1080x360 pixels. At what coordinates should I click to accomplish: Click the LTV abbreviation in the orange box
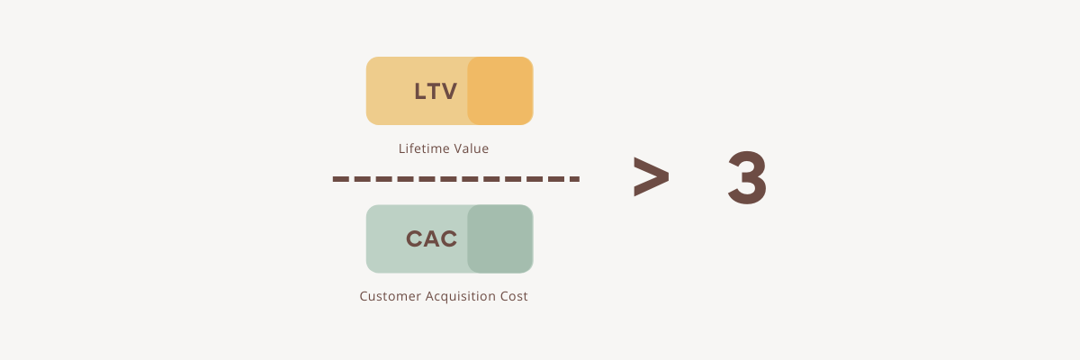tap(436, 91)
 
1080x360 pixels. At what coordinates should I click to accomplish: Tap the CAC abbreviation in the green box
tap(431, 238)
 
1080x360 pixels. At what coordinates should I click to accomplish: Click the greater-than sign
tap(650, 177)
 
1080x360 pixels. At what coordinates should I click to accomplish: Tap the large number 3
tap(747, 179)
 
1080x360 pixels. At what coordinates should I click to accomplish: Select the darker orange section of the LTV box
tap(500, 91)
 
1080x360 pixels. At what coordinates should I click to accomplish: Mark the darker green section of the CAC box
tap(500, 238)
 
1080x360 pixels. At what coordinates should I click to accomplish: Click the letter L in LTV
tap(419, 91)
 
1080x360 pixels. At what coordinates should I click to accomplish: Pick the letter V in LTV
tap(449, 91)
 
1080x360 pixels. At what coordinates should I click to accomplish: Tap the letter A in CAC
tap(431, 238)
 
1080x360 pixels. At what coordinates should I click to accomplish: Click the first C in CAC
tap(414, 238)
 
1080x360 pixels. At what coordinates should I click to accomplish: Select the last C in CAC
tap(448, 238)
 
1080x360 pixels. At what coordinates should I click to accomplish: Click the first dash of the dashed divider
tap(340, 179)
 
